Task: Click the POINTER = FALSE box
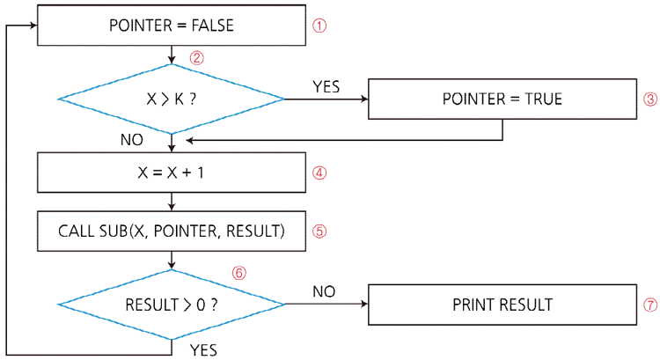point(171,26)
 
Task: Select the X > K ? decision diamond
point(171,99)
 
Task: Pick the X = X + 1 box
point(171,173)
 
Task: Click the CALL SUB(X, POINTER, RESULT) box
point(171,231)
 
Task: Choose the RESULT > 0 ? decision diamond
point(171,305)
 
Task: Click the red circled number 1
point(320,26)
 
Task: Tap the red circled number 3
point(650,99)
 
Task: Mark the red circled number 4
point(320,173)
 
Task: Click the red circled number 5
point(320,231)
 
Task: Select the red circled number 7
point(650,305)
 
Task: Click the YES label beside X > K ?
point(326,86)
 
